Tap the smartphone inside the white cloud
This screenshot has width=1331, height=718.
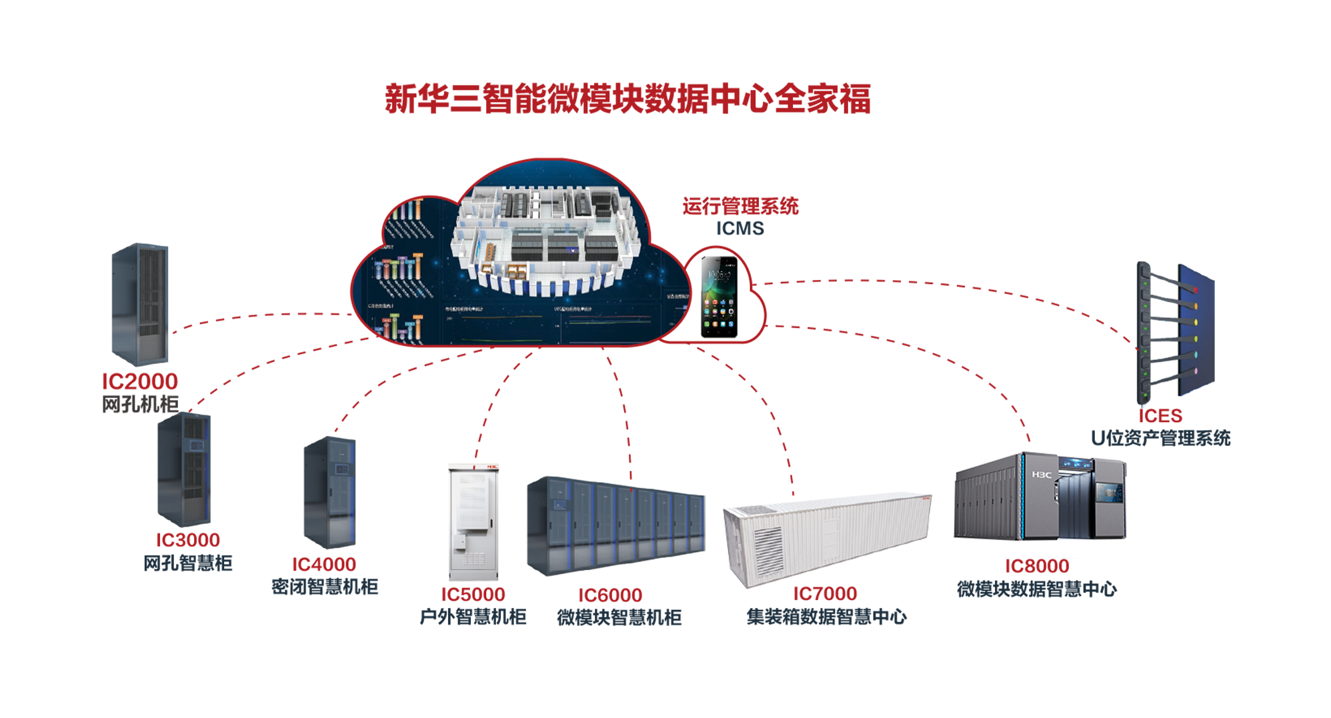[719, 296]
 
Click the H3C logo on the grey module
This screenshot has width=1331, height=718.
[1042, 475]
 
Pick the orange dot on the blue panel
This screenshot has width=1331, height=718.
[1196, 306]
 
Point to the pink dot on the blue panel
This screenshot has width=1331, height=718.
[1195, 371]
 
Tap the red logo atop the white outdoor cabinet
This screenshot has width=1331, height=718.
[493, 467]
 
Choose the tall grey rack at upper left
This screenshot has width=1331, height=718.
[138, 307]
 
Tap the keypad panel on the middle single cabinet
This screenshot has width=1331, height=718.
[342, 469]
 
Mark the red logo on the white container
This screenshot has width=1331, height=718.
[924, 497]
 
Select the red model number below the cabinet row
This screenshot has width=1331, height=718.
[610, 595]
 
